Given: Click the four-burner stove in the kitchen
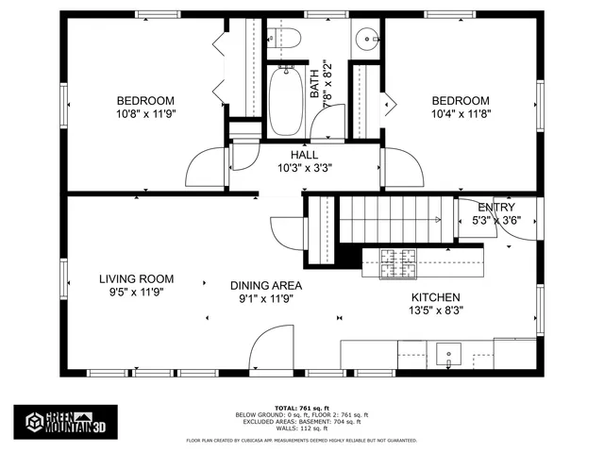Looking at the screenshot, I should point(400,262).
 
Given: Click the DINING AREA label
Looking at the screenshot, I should point(266,285).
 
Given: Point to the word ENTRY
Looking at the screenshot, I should point(496,208).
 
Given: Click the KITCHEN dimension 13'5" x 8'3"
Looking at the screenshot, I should point(435,309).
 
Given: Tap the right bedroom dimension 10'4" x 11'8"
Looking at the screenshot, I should point(461,113).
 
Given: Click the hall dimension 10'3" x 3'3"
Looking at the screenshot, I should point(304,169).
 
